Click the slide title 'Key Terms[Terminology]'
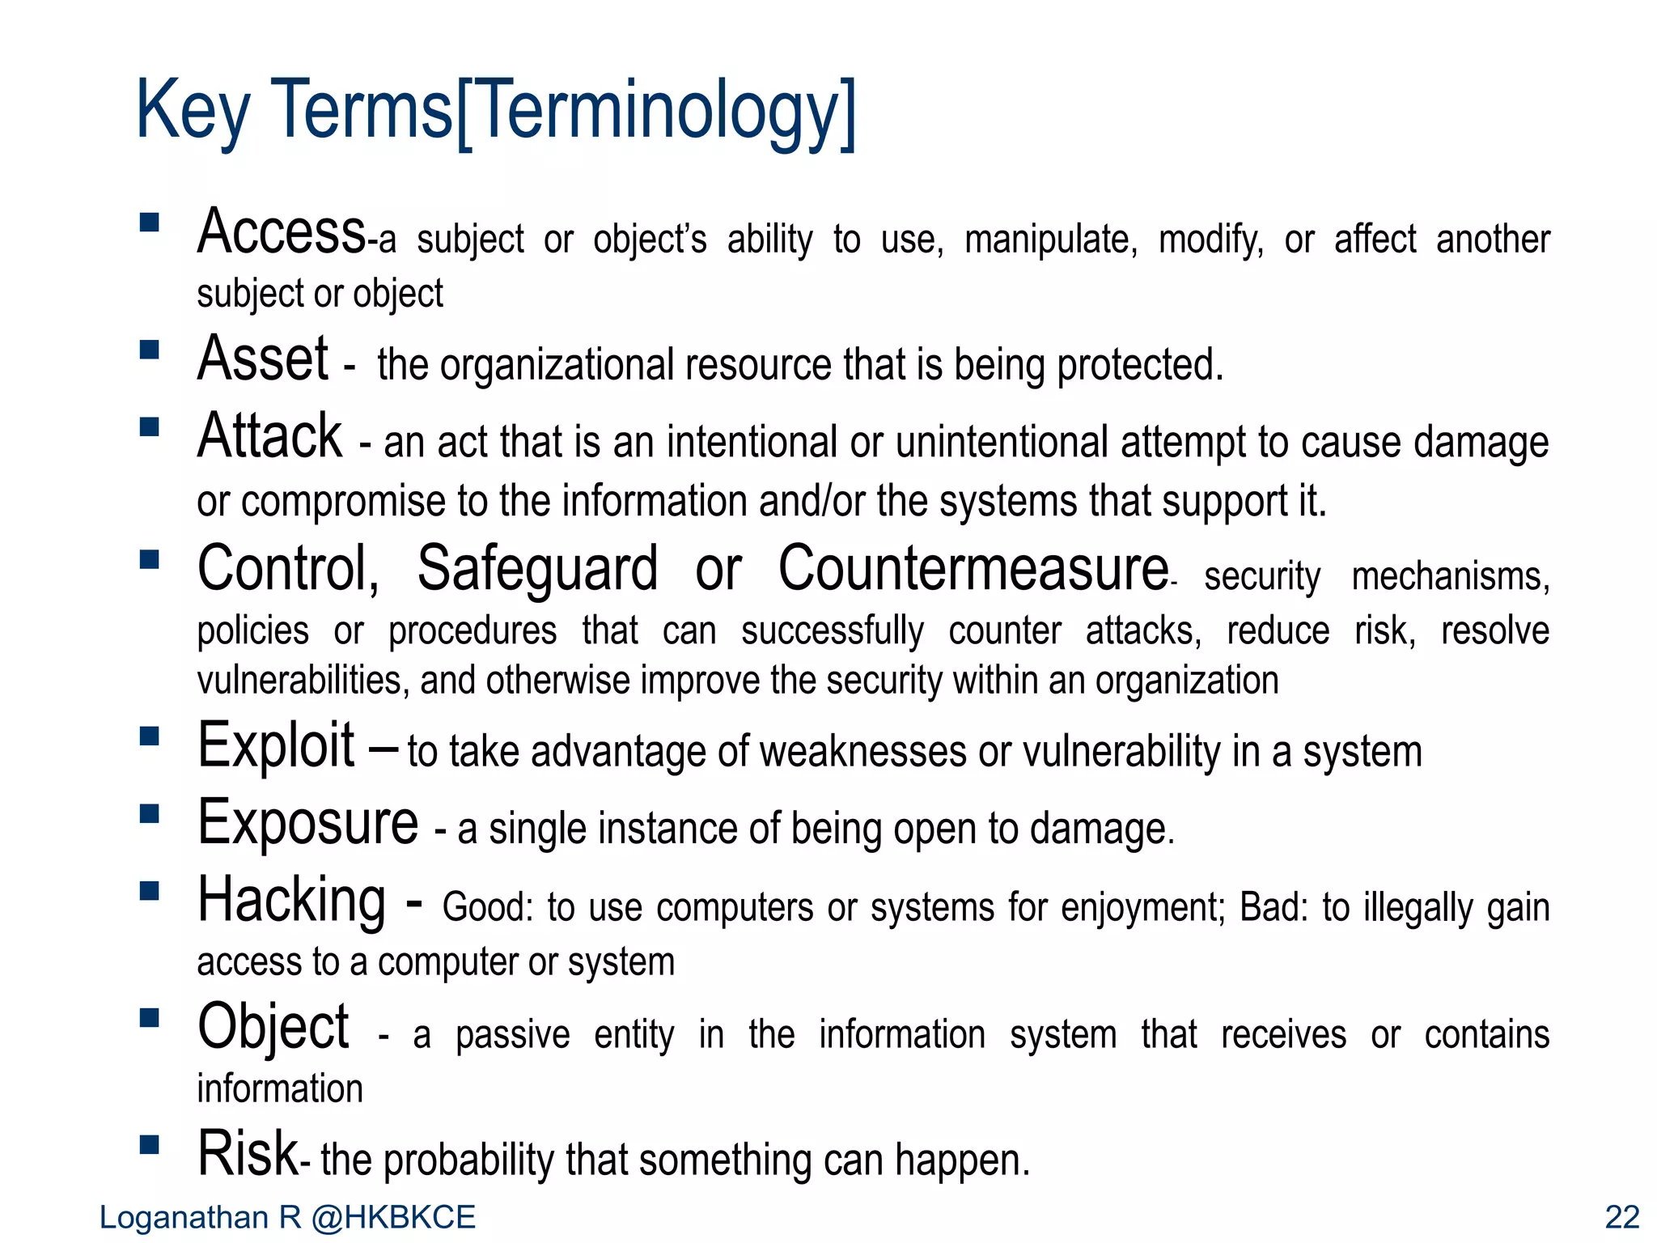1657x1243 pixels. pos(495,111)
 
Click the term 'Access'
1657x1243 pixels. pos(282,232)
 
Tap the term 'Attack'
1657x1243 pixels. pos(270,436)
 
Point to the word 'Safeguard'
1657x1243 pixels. pos(537,570)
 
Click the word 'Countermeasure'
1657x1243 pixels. pos(973,570)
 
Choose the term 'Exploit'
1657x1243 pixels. pos(276,745)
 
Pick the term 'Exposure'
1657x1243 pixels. pos(308,824)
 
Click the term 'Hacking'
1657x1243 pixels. pos(292,901)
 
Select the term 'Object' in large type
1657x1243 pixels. pos(273,1028)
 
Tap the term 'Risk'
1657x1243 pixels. pos(248,1154)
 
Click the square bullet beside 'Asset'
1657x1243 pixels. pos(150,350)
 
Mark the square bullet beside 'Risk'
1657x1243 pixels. pos(150,1144)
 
